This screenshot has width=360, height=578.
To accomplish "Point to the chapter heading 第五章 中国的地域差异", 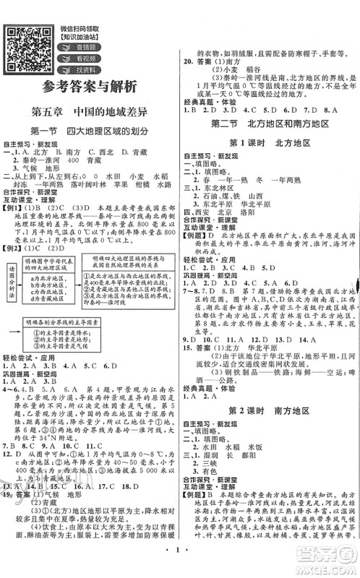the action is [90, 113].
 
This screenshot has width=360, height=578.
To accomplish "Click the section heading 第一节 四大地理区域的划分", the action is [90, 131].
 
